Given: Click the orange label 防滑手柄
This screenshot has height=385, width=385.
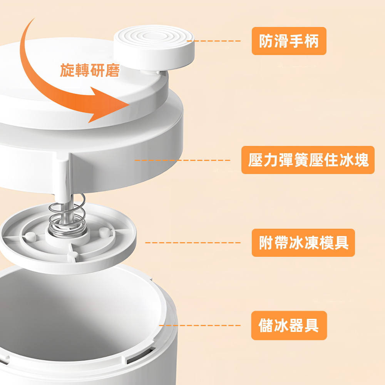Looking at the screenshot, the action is [x=289, y=41].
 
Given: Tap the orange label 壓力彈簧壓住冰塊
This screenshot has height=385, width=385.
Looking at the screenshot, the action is [x=308, y=160].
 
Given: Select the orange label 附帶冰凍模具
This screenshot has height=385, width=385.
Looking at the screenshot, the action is [x=303, y=243].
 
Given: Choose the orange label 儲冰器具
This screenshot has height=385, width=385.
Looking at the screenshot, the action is [x=289, y=325].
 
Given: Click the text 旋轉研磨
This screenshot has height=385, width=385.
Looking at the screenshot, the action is [x=90, y=70].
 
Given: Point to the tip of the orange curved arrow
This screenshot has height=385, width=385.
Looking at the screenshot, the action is [x=129, y=105].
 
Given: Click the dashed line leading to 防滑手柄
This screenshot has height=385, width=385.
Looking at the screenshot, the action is [x=214, y=41].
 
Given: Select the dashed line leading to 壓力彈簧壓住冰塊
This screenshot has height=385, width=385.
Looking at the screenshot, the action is [x=182, y=160].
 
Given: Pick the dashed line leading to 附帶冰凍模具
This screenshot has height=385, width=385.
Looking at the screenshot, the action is [x=193, y=243].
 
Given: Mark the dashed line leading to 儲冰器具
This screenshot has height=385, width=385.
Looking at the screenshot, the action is [x=200, y=325].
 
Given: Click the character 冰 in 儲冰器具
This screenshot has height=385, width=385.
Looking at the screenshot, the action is [x=281, y=325].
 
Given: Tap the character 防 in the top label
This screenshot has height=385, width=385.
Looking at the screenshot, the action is [x=266, y=41].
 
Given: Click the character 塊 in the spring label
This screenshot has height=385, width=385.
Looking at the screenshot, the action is [x=362, y=160].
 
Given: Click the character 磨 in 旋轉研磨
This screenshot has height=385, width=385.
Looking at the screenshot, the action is [x=113, y=70].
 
